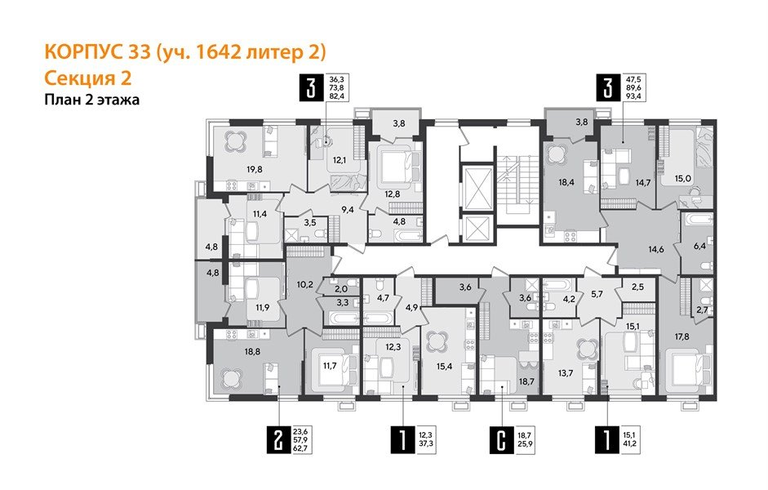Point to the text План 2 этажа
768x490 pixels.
[x=91, y=100]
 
